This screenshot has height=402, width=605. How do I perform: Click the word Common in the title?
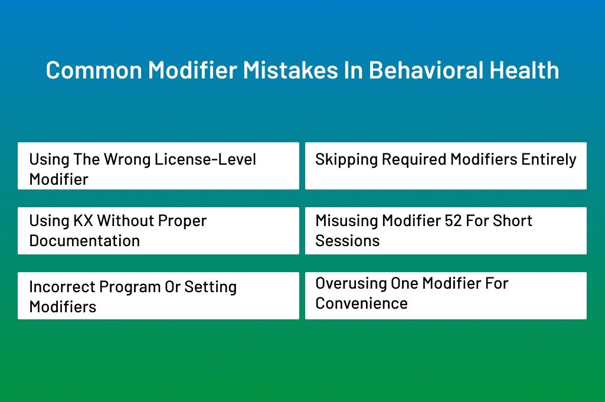[x=94, y=70]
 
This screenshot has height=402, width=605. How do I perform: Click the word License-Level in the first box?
[x=205, y=159]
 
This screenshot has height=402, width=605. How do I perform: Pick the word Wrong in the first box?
[x=127, y=159]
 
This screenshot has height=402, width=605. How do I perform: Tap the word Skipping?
[x=346, y=159]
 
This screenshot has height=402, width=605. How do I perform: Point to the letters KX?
[x=83, y=221]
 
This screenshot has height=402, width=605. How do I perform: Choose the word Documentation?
[x=84, y=241]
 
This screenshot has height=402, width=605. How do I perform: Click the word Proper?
[x=182, y=221]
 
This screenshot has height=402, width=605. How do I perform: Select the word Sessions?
[x=348, y=241]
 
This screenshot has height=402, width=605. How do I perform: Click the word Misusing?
[x=346, y=221]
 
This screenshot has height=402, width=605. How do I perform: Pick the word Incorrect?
[x=62, y=287]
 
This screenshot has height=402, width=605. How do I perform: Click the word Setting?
[x=210, y=287]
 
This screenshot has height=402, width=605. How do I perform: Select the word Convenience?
[x=362, y=303]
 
